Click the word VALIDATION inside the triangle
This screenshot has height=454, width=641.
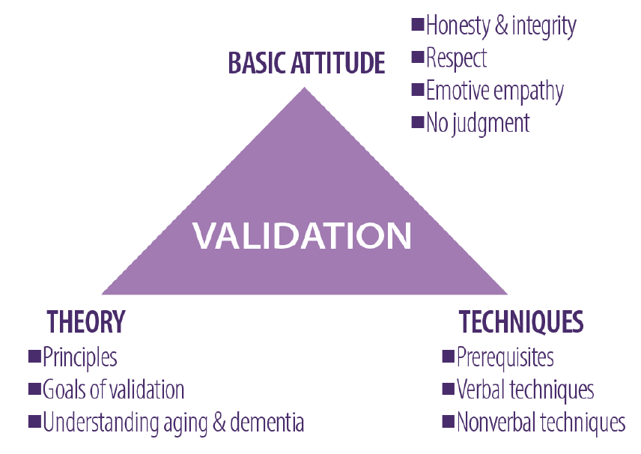coord(303,235)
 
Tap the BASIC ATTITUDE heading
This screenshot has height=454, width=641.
coord(306,64)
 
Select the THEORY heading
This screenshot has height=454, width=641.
coord(85,322)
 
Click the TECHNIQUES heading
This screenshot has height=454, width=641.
coord(521,322)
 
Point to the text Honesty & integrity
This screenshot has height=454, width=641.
coord(501,27)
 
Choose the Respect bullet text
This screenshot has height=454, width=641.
coord(457,58)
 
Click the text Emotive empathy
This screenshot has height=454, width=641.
coord(494,91)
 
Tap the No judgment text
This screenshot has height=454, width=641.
coord(478,122)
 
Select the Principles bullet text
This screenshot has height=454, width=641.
coord(80,357)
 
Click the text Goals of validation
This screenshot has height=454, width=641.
coord(113,390)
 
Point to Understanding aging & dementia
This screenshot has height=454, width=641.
coord(173,422)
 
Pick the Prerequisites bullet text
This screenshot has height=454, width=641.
coord(505,357)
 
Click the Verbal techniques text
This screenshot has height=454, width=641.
coord(525,390)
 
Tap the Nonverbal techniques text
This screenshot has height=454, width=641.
coord(541,422)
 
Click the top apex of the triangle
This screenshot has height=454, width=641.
coord(304,90)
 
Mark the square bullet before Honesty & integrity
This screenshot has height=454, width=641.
coord(418,25)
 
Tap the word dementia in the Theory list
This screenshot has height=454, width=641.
coord(267,422)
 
